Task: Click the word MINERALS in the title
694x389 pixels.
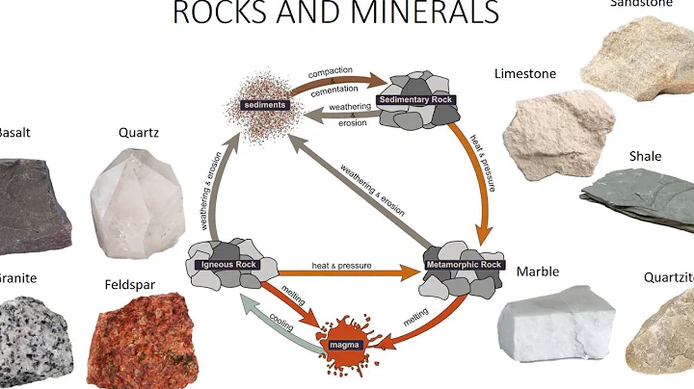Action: click(415, 13)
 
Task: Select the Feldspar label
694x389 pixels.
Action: click(131, 285)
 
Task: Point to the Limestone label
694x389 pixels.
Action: click(526, 74)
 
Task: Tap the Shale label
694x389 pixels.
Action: click(646, 156)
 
